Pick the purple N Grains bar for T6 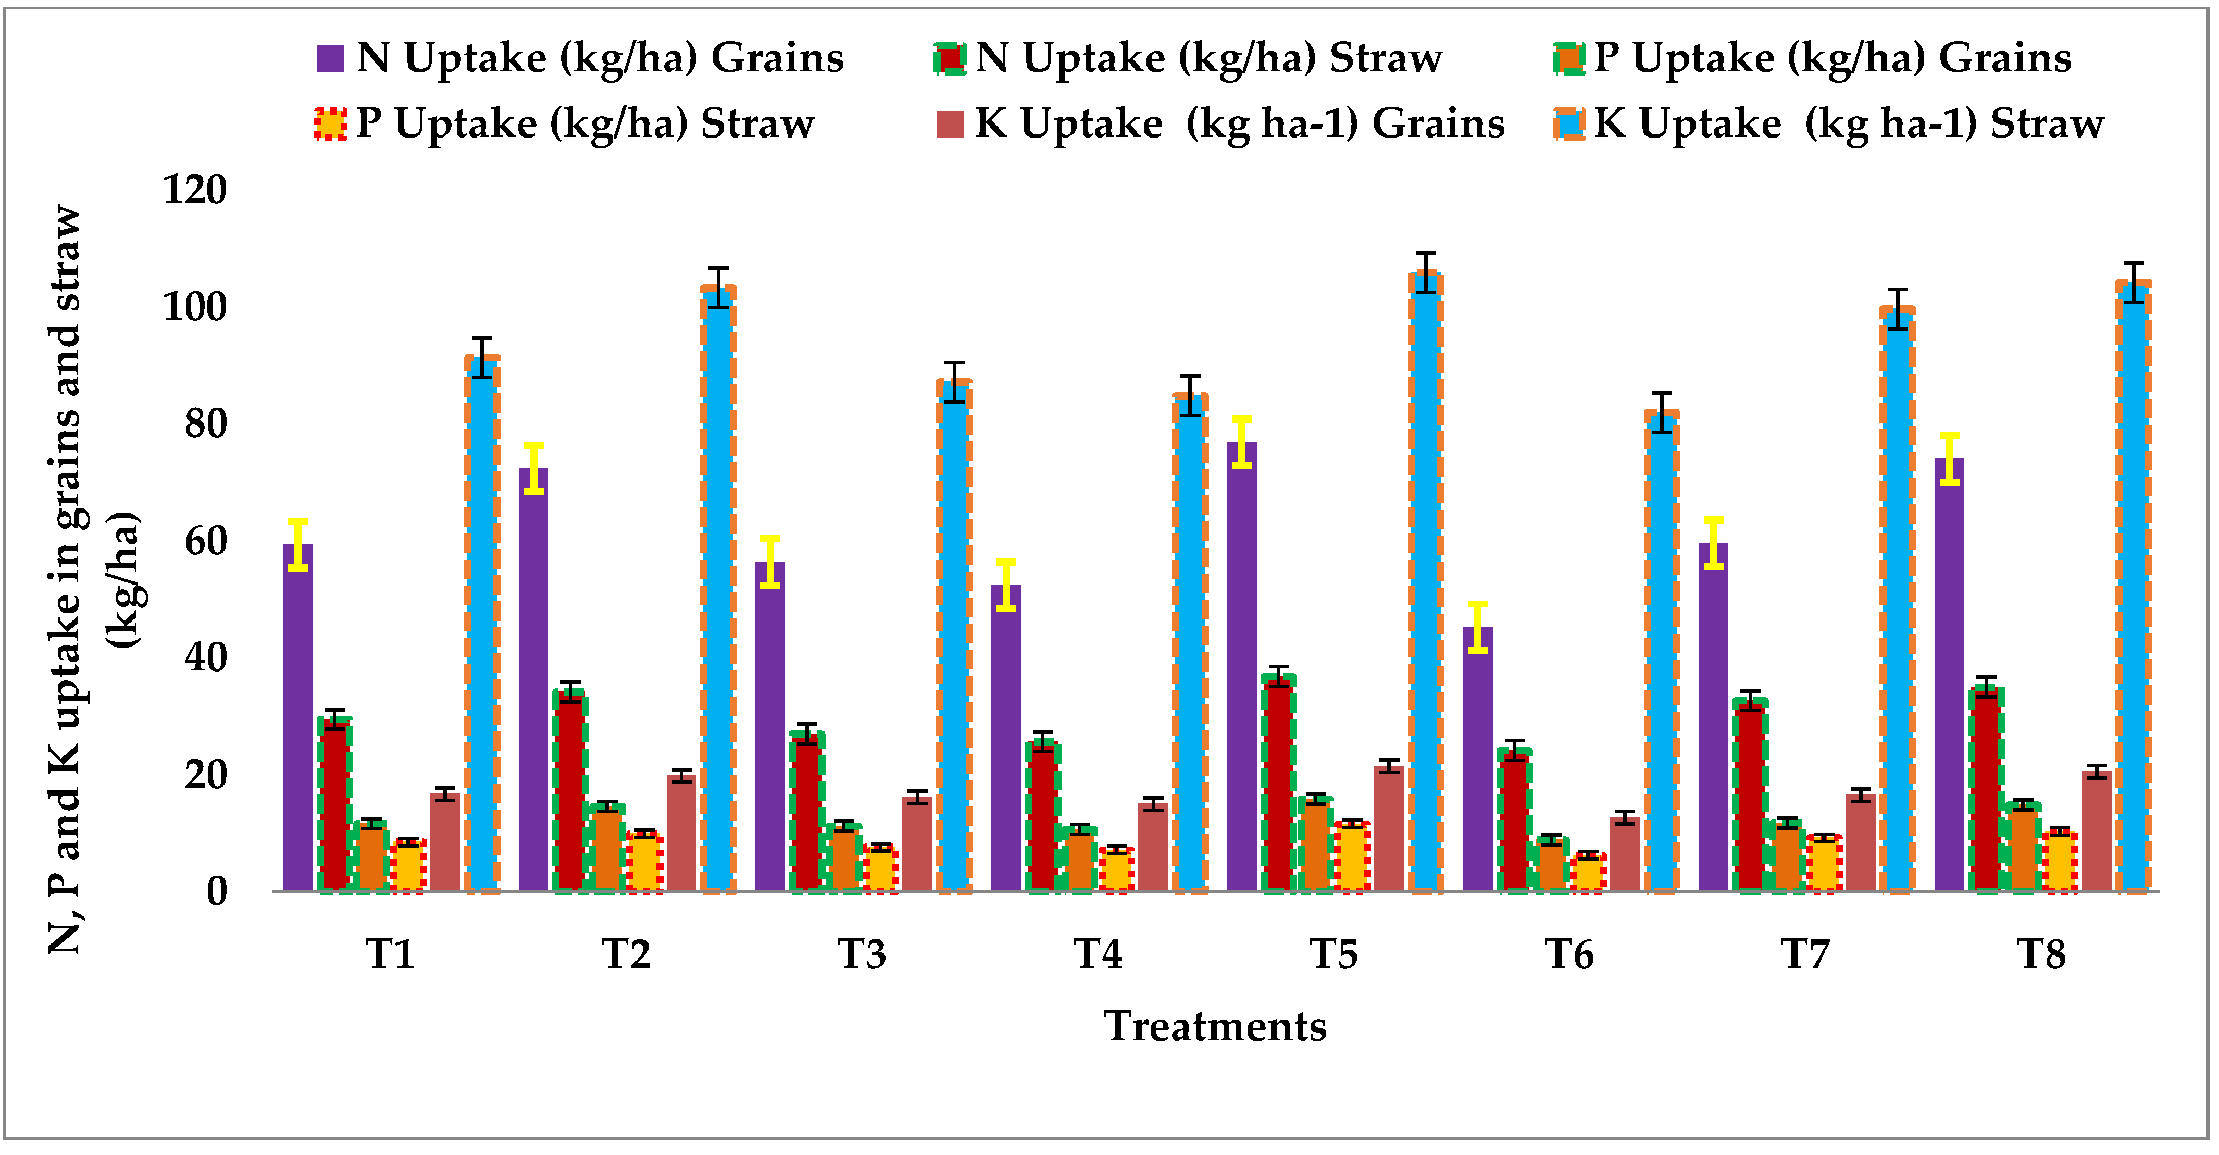point(1477,758)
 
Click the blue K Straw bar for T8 point(2134,586)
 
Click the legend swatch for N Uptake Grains point(331,58)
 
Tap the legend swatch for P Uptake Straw point(331,124)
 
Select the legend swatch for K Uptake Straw point(1568,124)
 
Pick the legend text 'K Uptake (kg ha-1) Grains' point(1239,124)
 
